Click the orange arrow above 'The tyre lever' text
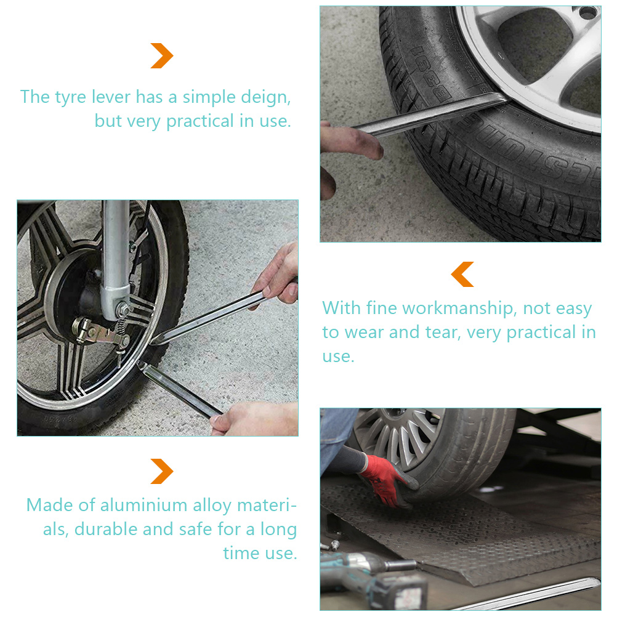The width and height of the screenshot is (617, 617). pyautogui.click(x=162, y=55)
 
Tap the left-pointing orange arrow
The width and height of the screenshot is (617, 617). pyautogui.click(x=462, y=274)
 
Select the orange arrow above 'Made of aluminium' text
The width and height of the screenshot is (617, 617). pyautogui.click(x=162, y=471)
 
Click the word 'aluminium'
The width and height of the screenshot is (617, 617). pyautogui.click(x=143, y=506)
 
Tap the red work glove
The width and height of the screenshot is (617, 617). pyautogui.click(x=387, y=481)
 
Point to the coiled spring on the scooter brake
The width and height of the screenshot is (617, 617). pyautogui.click(x=121, y=325)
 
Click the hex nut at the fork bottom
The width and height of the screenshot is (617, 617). pyautogui.click(x=123, y=310)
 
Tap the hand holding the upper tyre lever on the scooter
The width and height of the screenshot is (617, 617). pyautogui.click(x=278, y=275)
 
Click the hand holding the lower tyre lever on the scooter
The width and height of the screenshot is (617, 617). pyautogui.click(x=254, y=419)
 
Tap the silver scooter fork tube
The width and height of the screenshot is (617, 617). pyautogui.click(x=115, y=256)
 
